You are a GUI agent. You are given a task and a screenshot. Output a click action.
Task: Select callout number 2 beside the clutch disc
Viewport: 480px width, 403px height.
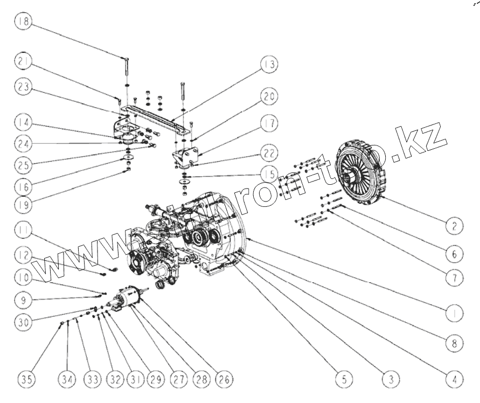coord(454,226)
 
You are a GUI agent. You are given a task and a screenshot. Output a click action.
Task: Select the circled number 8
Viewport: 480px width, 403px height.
coord(454,342)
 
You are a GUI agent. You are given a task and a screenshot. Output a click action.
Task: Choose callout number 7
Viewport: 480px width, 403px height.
coord(454,278)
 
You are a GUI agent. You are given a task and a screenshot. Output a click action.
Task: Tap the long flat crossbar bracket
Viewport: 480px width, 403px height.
coord(156,119)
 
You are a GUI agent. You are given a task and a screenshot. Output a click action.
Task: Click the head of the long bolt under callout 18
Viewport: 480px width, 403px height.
coord(125,58)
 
